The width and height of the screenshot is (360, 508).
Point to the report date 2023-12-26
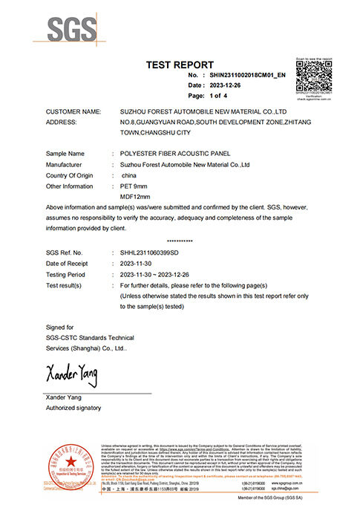pos(226,85)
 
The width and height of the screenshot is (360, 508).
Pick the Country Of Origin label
pos(72,175)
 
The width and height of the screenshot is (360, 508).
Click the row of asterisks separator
pos(180,241)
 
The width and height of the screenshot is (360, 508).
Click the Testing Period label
pos(68,275)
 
